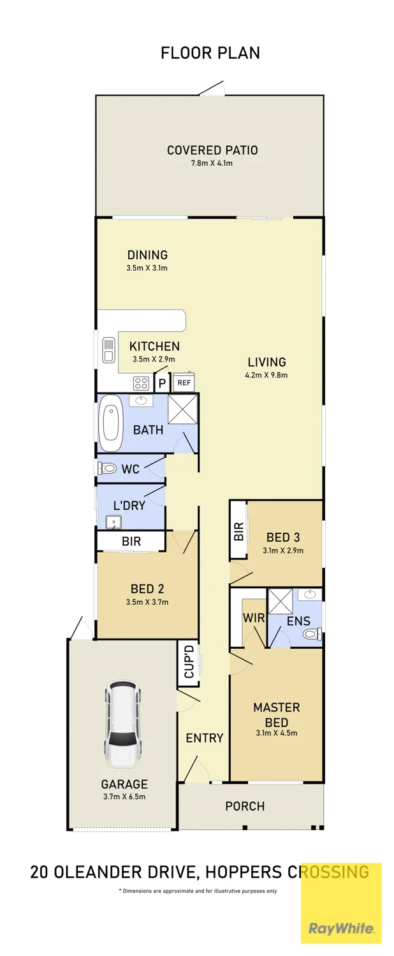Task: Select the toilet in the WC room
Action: pos(107,468)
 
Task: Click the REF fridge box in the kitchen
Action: pos(184,382)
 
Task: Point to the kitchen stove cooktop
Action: pos(142,383)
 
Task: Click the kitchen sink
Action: pos(108,349)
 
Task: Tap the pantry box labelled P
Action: pos(162,383)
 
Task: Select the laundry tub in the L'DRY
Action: pos(114,523)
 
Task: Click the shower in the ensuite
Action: pos(280,602)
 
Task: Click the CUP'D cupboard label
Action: pos(189,662)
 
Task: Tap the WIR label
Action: pos(254,618)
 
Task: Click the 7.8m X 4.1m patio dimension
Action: pos(212,163)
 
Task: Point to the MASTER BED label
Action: pos(277,715)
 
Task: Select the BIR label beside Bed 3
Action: pos(238,532)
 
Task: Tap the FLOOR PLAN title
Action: pos(210,53)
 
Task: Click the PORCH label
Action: pos(245,806)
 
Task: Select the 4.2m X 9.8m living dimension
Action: pos(266,375)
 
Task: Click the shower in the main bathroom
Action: pos(183,409)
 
